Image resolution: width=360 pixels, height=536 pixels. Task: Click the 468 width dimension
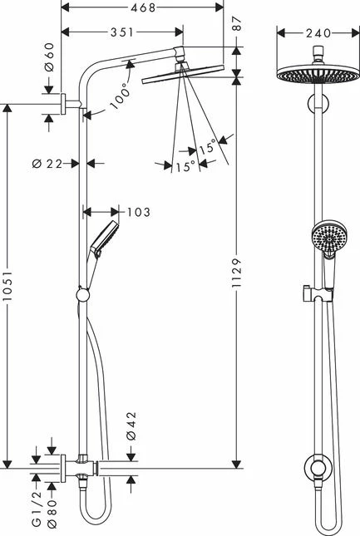145,7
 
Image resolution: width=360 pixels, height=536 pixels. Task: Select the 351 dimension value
122,33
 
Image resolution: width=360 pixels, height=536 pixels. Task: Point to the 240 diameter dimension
315,33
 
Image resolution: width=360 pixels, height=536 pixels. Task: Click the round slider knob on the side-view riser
82,293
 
